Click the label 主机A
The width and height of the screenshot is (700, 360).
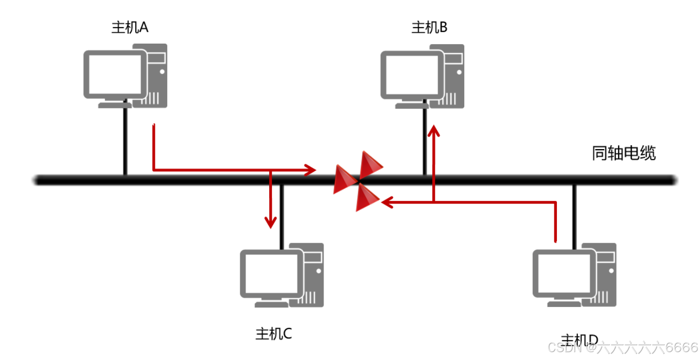coord(130,27)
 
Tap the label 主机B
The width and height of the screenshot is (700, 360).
coord(429,27)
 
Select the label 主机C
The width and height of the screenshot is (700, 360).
coord(274,334)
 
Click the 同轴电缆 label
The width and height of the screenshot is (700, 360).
coord(624,154)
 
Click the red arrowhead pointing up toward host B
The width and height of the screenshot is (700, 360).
coord(434,130)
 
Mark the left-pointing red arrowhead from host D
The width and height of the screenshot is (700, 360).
coord(388,202)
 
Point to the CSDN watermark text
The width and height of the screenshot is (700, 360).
coord(623,348)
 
